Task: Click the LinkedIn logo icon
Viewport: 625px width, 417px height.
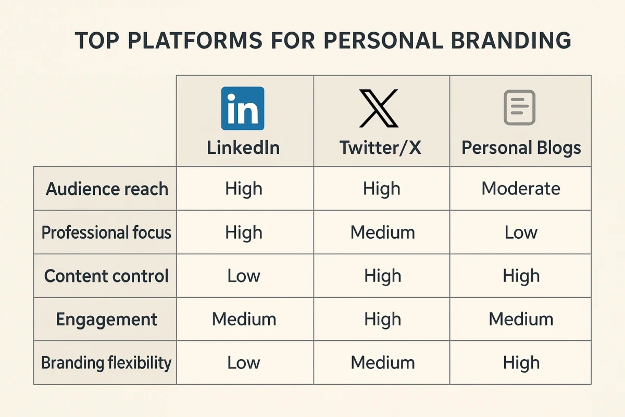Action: (x=243, y=108)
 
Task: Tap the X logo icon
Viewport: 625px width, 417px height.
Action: (x=379, y=108)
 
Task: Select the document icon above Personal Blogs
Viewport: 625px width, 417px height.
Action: (x=519, y=107)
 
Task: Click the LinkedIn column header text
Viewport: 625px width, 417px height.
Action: (x=243, y=148)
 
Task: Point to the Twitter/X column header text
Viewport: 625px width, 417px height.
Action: (x=380, y=148)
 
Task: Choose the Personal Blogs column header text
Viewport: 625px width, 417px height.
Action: (x=521, y=148)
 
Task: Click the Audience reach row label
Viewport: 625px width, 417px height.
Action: (x=107, y=189)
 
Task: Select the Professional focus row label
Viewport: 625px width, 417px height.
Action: (x=106, y=232)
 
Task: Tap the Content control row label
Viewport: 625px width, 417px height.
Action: (x=106, y=276)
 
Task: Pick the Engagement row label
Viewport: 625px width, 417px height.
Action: (x=106, y=319)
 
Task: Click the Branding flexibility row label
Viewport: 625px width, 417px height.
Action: (x=106, y=363)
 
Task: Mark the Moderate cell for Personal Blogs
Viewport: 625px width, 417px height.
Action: (x=521, y=188)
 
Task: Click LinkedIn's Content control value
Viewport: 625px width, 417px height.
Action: (x=244, y=276)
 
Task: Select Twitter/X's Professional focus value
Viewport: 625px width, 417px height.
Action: (x=382, y=232)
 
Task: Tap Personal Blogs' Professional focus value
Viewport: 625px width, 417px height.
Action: (x=521, y=232)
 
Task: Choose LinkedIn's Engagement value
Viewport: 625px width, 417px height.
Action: (x=244, y=319)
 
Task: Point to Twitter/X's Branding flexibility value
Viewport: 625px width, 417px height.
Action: (x=382, y=363)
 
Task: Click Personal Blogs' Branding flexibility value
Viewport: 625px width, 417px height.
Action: (x=521, y=363)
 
